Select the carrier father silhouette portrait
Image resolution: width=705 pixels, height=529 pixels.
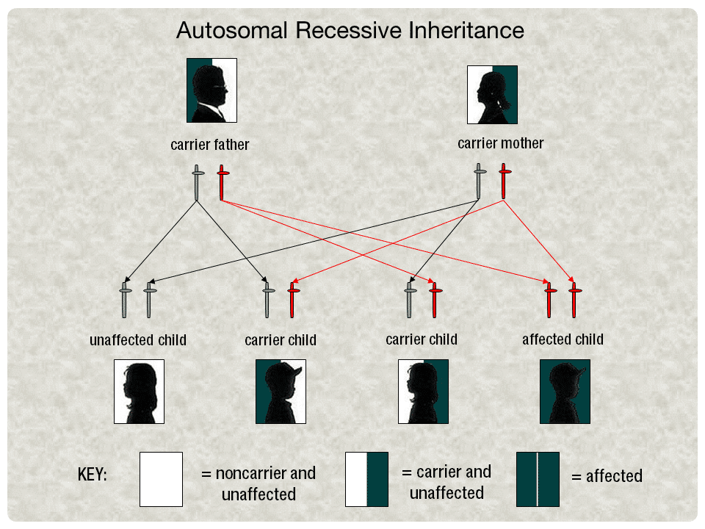point(211,90)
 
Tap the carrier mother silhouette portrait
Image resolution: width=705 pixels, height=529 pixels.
point(492,95)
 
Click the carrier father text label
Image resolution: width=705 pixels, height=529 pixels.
point(209,145)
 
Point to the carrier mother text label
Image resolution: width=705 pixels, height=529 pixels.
point(500,143)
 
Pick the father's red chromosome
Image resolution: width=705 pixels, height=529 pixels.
point(222,183)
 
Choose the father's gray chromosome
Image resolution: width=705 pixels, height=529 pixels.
point(197,183)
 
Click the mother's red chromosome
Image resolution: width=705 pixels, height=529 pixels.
point(504,181)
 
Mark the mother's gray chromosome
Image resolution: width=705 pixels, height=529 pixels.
point(479,181)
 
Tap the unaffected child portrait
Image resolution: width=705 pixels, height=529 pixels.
point(139,392)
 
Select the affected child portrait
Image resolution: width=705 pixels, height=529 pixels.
point(565,392)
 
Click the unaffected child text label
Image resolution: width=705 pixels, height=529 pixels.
point(138,340)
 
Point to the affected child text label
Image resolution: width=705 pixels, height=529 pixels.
point(563,339)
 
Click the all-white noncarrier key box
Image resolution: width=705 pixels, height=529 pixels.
point(161,479)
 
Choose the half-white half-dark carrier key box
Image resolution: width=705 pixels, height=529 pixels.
point(366,479)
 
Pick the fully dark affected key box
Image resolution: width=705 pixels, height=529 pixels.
point(538,479)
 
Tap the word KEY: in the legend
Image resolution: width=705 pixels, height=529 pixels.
point(93,475)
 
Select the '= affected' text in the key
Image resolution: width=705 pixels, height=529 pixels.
point(607,476)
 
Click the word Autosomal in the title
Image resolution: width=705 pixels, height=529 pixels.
point(232,31)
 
